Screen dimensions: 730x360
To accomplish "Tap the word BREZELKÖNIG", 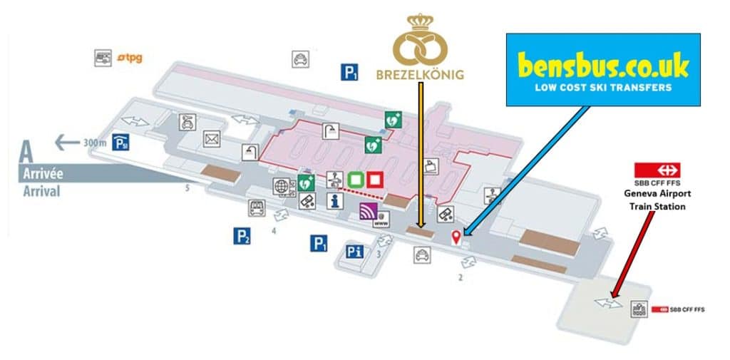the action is point(419,74).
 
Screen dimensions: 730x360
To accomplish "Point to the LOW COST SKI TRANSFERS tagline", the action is point(603,88).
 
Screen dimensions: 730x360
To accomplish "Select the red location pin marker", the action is point(456,237).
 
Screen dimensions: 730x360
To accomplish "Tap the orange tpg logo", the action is point(130,57).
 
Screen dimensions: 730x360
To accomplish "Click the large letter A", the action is point(27,152).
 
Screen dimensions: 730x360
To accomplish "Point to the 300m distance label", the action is point(95,143).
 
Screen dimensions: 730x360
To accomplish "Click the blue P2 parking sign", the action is point(242,236).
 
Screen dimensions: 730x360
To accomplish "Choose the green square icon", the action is point(355,179).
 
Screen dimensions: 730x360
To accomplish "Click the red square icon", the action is point(375,179).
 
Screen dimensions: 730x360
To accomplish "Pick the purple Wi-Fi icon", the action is point(368,212).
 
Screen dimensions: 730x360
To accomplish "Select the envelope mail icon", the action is point(212,138).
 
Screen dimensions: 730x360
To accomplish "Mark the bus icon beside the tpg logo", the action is point(104,57).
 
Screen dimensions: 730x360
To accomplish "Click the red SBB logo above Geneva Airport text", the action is point(658,170).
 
